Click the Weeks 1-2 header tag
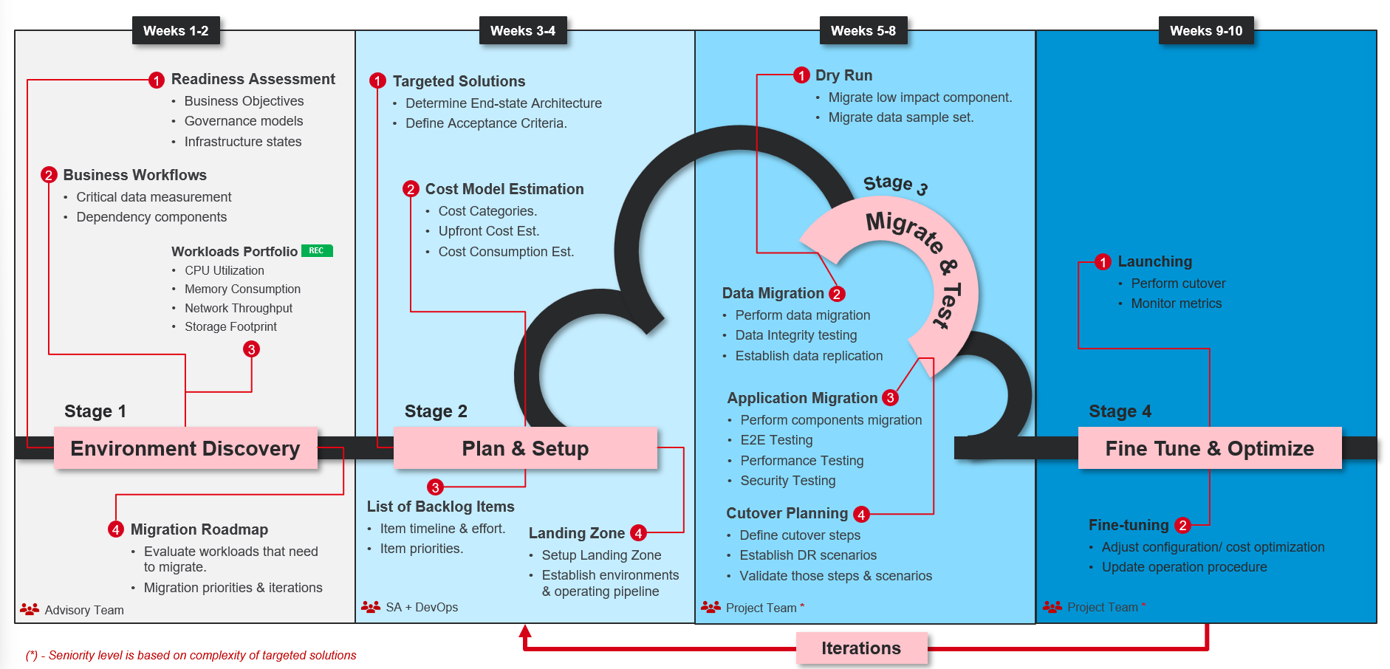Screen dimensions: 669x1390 176,31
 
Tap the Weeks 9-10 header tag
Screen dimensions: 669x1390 1205,31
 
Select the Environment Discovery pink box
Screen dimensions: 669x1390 185,448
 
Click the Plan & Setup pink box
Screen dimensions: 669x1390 525,448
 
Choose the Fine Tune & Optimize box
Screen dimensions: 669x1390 1209,448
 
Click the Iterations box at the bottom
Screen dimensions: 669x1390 861,648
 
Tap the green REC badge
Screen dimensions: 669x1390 317,251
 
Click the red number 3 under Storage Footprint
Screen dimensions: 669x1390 252,349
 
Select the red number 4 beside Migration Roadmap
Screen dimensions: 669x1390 116,529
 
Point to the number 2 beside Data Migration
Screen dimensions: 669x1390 837,294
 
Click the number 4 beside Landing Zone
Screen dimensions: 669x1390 639,533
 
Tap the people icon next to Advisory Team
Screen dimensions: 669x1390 30,609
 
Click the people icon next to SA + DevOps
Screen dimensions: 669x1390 371,607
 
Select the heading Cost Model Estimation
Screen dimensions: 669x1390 504,189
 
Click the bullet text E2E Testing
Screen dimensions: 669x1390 776,440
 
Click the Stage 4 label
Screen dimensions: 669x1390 1120,411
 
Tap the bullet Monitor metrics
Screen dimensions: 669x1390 1176,303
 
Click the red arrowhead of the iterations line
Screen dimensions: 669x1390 525,631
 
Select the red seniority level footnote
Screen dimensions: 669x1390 191,655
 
